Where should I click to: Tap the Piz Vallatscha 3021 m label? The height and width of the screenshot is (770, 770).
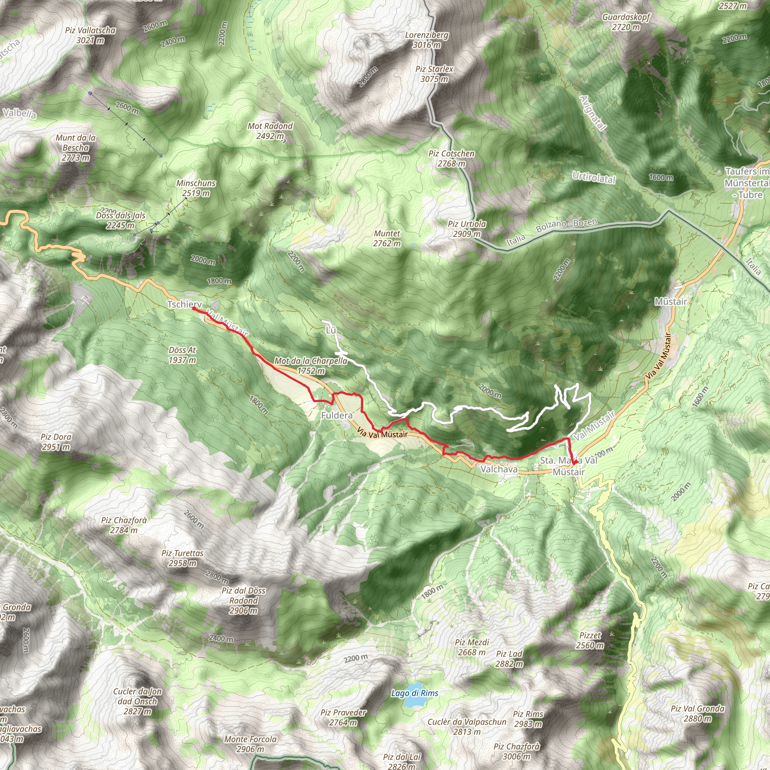(x=91, y=35)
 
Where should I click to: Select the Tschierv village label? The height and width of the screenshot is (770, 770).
(x=185, y=305)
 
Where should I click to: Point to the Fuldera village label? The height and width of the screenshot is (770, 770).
(x=337, y=416)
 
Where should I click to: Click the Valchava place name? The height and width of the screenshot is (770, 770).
(x=499, y=469)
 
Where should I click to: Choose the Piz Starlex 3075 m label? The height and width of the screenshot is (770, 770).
(x=434, y=74)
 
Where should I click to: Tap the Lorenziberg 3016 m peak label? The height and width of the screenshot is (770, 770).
(x=427, y=40)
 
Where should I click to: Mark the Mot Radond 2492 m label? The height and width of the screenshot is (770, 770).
(x=270, y=131)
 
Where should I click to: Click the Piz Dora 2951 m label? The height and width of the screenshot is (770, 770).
(x=56, y=442)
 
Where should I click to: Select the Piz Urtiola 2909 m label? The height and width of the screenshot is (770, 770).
(x=467, y=229)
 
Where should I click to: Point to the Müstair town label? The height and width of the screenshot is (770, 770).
(x=671, y=302)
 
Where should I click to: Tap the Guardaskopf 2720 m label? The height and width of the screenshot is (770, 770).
(x=626, y=22)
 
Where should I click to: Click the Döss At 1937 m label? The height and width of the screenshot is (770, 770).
(x=182, y=355)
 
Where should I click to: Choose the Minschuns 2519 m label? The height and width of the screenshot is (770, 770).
(x=196, y=188)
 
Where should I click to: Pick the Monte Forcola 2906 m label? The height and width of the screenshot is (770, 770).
(x=250, y=744)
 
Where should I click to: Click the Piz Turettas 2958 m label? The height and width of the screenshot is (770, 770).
(x=182, y=558)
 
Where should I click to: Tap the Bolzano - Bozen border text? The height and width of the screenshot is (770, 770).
(x=566, y=226)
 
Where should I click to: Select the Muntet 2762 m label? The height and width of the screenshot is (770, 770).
(x=387, y=238)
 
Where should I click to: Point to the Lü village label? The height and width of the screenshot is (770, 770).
(x=331, y=330)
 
